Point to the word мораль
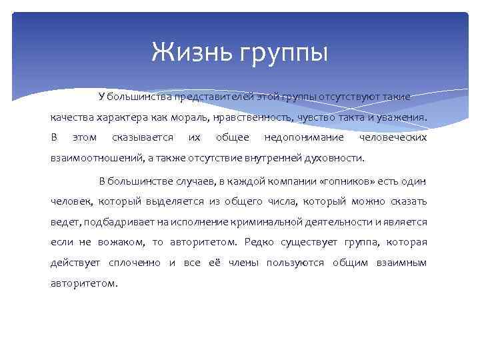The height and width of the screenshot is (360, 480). (197, 117)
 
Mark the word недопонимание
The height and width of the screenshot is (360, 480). (304, 138)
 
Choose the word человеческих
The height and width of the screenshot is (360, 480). (393, 138)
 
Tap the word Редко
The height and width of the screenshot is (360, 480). (259, 242)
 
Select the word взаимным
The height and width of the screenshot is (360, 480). (402, 263)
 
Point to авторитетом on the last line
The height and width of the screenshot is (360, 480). (83, 283)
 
